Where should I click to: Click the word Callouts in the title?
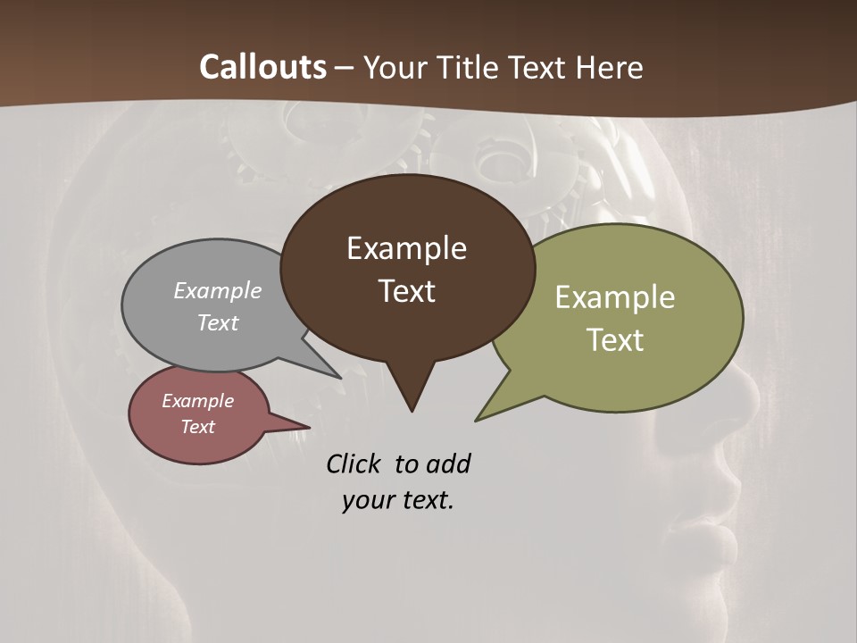(x=262, y=67)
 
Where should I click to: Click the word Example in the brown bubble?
(x=406, y=248)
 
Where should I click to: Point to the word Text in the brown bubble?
(x=407, y=291)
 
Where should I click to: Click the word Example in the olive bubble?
(x=615, y=297)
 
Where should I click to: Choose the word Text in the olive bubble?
(x=615, y=340)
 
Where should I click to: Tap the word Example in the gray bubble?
(x=218, y=290)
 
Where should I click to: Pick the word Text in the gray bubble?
(x=218, y=322)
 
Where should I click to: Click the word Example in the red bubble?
(x=197, y=401)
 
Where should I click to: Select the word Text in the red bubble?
(x=197, y=427)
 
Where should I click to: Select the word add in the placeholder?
(x=447, y=463)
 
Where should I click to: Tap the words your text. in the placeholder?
(x=398, y=500)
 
